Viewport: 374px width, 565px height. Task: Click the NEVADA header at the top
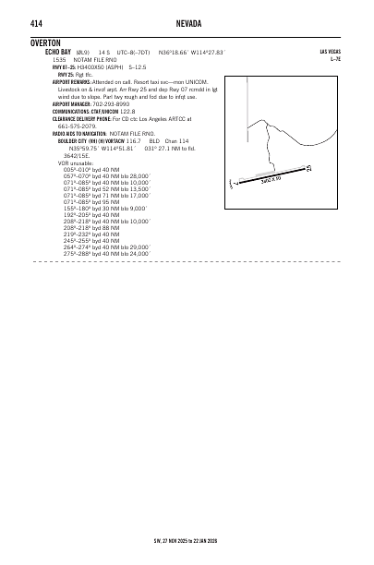pos(187,22)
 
